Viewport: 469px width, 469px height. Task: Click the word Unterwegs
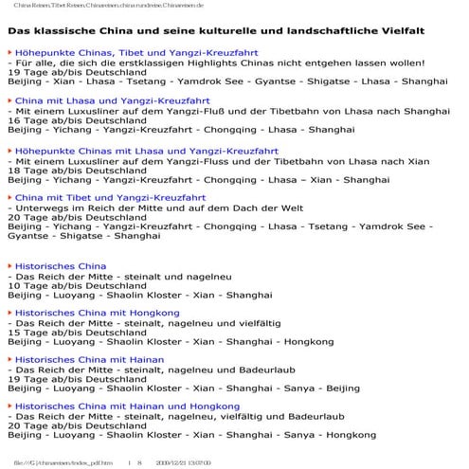(45, 208)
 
